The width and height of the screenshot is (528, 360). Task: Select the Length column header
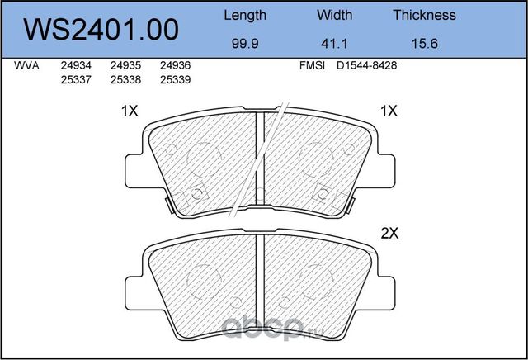point(245,15)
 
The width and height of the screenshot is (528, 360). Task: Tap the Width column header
point(334,15)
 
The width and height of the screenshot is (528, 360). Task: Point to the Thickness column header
point(424,15)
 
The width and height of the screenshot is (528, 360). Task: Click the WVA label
point(28,65)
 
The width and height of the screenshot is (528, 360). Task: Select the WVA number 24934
point(76,65)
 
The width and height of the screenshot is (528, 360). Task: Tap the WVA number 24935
point(125,65)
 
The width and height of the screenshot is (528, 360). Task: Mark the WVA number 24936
point(176,65)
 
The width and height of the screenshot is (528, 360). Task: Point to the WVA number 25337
point(76,79)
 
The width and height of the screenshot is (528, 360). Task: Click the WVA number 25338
point(125,79)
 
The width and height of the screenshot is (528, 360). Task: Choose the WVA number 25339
point(176,79)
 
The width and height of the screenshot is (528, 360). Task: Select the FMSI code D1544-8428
point(368,65)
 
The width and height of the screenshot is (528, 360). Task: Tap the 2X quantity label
point(390,234)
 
